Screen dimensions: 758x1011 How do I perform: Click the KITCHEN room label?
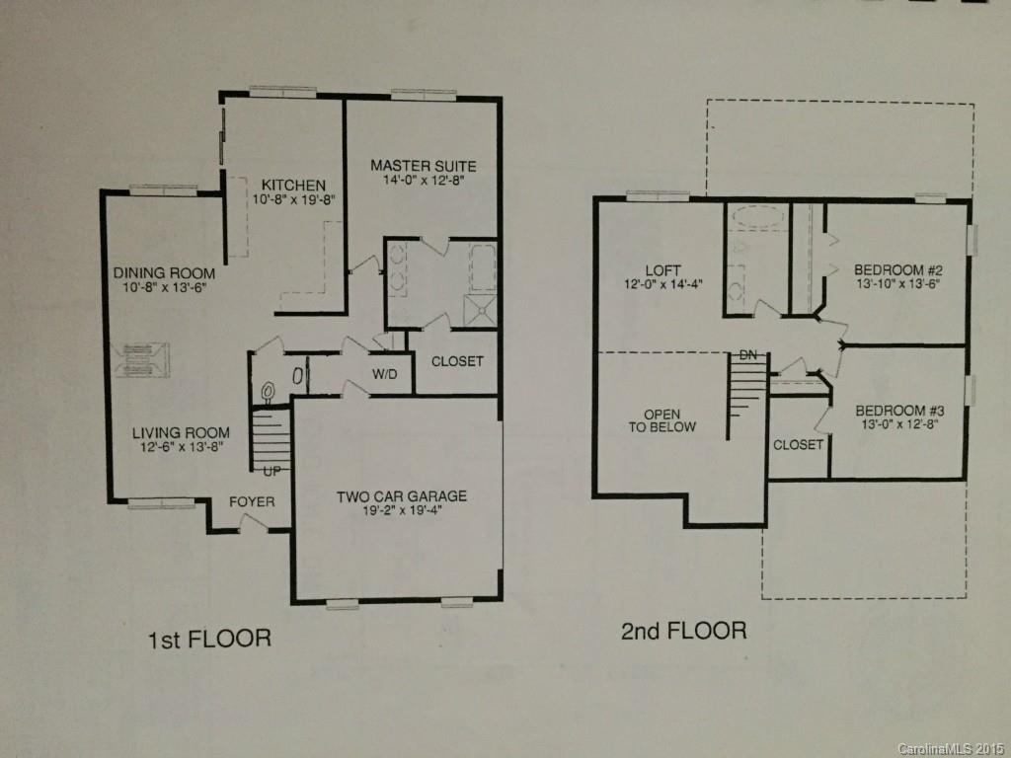coord(293,185)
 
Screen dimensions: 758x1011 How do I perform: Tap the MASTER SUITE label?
coord(423,166)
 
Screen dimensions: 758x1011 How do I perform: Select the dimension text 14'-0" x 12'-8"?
coord(423,182)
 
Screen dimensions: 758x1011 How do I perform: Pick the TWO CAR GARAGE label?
coord(401,496)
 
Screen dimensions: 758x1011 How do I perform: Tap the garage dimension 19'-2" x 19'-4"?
coord(401,512)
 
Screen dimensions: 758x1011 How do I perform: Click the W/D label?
coord(385,374)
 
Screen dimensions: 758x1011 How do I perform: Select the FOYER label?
coord(252,501)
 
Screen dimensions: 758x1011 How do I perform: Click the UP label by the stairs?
coord(272,471)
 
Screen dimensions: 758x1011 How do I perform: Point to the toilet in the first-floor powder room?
coord(269,393)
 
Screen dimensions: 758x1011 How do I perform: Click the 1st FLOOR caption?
coord(208,640)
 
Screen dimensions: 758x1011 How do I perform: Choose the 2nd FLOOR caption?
coord(683,631)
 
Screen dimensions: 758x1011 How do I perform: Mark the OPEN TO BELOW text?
coord(669,420)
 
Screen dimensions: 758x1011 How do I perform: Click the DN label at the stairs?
coord(748,354)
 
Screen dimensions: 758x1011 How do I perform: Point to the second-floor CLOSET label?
coord(798,445)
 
